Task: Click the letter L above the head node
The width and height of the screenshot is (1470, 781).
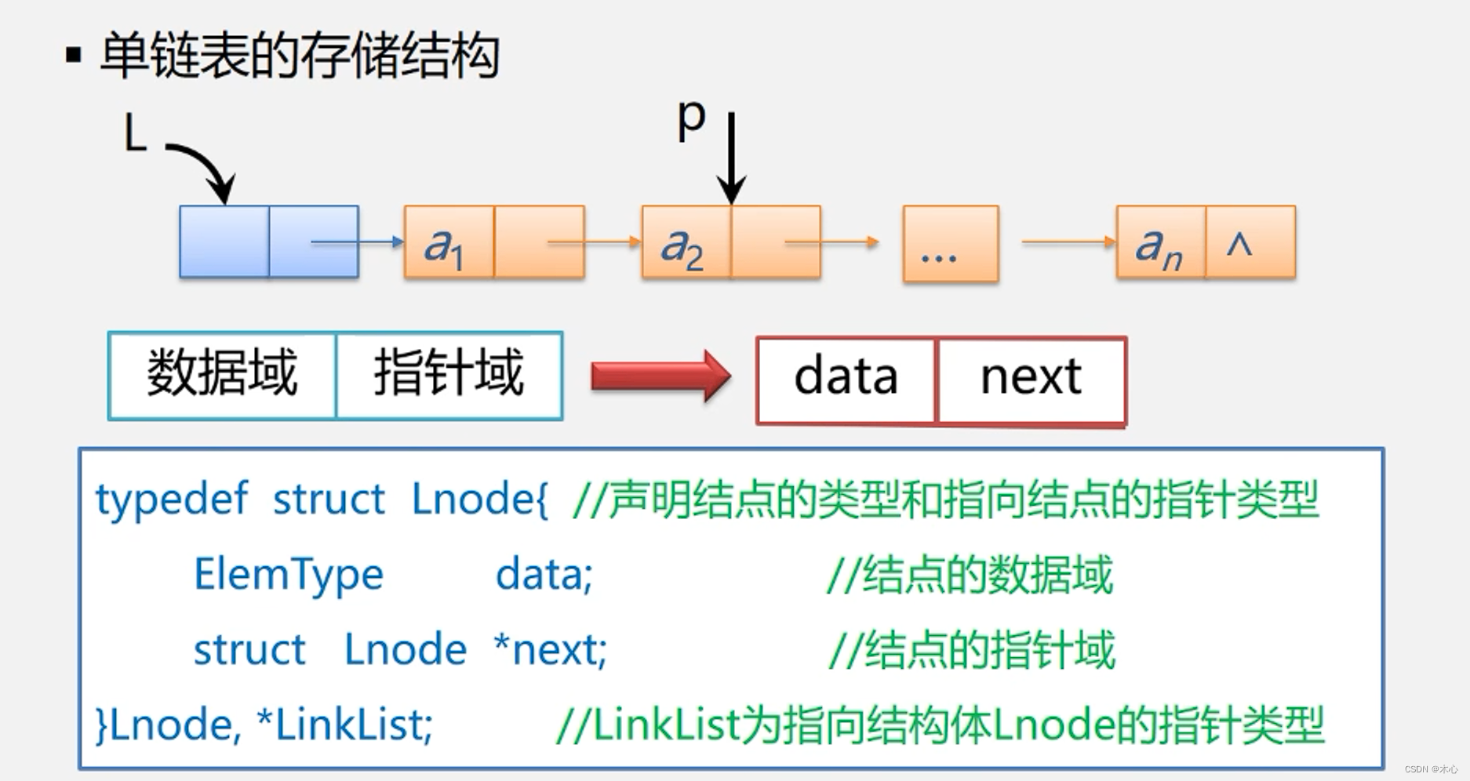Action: [136, 133]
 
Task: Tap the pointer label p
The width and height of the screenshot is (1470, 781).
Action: [691, 120]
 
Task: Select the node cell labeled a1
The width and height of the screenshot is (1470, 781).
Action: [448, 242]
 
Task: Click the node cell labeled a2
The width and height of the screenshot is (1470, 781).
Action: [685, 242]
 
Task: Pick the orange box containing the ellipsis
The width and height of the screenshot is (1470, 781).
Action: [950, 243]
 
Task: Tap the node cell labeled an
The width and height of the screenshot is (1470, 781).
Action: [1159, 242]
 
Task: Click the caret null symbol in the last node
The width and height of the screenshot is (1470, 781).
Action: [1240, 244]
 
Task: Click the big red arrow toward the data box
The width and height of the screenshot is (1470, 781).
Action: [660, 376]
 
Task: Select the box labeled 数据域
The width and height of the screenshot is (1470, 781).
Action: [222, 375]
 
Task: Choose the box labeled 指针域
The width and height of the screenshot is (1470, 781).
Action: [449, 375]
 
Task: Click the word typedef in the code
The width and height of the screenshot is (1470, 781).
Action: [172, 499]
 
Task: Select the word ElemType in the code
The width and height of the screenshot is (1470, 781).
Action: [289, 574]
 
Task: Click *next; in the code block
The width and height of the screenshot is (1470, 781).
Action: [551, 649]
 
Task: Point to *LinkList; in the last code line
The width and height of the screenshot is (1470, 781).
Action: [344, 725]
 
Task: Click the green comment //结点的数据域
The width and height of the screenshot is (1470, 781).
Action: [970, 575]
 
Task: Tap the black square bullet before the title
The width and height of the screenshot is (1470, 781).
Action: [74, 56]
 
